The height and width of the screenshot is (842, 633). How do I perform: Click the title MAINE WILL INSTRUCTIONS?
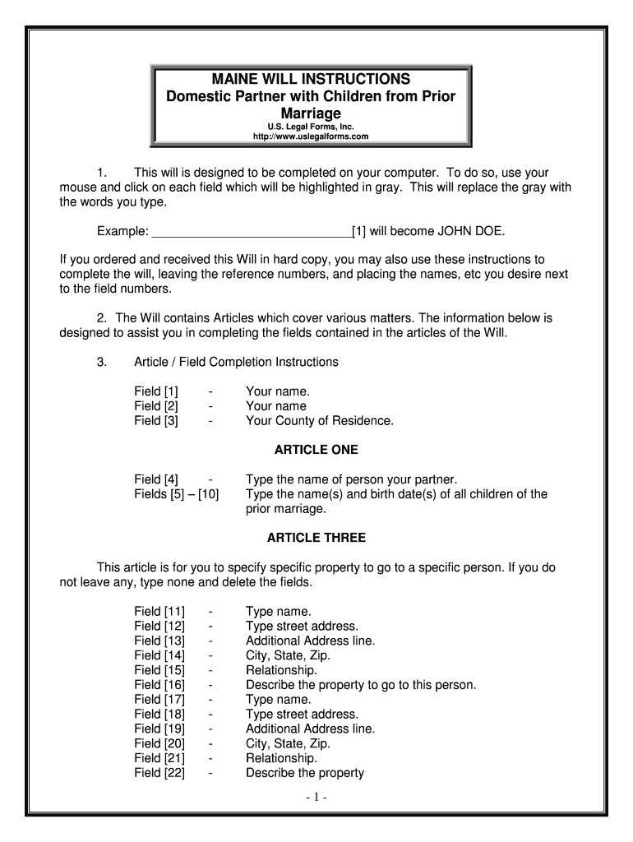tap(312, 79)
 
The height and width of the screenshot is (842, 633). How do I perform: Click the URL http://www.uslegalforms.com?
tap(312, 136)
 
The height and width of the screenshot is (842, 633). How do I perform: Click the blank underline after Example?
tap(252, 231)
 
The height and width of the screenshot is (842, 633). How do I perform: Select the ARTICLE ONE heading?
tap(316, 451)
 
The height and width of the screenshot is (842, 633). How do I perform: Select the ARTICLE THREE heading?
tap(316, 538)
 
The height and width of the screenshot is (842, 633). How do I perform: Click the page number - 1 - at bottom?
tap(316, 798)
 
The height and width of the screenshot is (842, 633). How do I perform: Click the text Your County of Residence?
tap(320, 421)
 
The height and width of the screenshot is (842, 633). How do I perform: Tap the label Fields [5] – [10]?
tap(177, 494)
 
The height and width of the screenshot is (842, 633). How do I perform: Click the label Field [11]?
tap(159, 612)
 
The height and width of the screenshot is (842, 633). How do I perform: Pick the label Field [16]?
tap(159, 685)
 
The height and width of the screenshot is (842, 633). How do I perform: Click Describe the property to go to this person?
tap(361, 685)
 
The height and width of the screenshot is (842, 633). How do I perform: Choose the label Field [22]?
tap(159, 773)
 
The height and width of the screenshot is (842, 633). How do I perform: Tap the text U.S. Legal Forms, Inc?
tap(312, 126)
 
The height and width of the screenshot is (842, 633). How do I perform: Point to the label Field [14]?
tap(159, 655)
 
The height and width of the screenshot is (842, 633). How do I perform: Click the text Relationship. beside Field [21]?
tap(281, 758)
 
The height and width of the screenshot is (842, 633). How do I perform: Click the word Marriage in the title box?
tap(312, 113)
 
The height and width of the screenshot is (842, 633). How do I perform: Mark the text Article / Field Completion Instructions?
tap(236, 362)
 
